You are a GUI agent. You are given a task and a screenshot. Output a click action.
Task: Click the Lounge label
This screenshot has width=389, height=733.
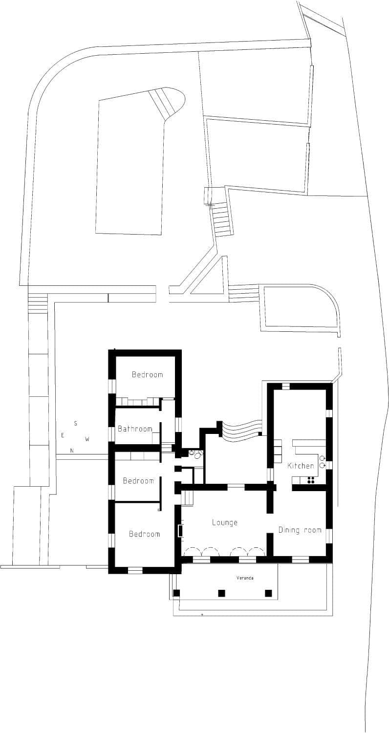click(224, 522)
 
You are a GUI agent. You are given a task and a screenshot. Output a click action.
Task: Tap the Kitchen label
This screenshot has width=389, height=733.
click(301, 466)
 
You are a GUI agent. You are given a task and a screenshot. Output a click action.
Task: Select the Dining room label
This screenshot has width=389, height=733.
click(300, 530)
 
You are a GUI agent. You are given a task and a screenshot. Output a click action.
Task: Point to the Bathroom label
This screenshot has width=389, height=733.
click(135, 429)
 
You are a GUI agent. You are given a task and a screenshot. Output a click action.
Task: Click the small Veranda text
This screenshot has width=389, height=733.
click(245, 578)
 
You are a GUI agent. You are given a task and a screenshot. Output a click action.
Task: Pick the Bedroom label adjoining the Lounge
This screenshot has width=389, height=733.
click(144, 534)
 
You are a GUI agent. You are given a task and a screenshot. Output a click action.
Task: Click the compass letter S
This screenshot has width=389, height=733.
click(75, 423)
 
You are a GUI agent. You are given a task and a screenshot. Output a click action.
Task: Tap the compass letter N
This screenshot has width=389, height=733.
click(72, 451)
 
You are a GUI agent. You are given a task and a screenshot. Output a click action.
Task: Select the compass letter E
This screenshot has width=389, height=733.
click(62, 435)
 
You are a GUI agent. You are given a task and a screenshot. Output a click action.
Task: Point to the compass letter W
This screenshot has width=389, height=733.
click(87, 439)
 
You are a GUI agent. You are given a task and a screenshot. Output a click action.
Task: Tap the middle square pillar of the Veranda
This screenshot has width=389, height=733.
click(221, 593)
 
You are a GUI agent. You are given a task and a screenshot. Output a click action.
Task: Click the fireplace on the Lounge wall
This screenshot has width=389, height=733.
click(180, 531)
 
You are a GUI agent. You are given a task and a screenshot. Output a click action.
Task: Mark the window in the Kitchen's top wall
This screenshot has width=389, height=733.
click(286, 387)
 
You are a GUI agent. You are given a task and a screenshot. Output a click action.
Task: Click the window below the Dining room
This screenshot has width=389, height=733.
click(300, 560)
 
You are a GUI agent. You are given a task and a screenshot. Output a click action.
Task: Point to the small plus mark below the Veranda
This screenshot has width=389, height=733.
click(202, 614)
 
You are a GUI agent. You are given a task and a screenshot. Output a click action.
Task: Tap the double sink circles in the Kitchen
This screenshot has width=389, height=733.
click(323, 462)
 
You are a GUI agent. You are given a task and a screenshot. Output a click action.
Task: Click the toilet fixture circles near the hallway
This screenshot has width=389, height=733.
click(195, 454)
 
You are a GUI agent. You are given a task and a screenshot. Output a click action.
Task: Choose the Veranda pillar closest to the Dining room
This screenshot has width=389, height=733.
click(268, 593)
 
